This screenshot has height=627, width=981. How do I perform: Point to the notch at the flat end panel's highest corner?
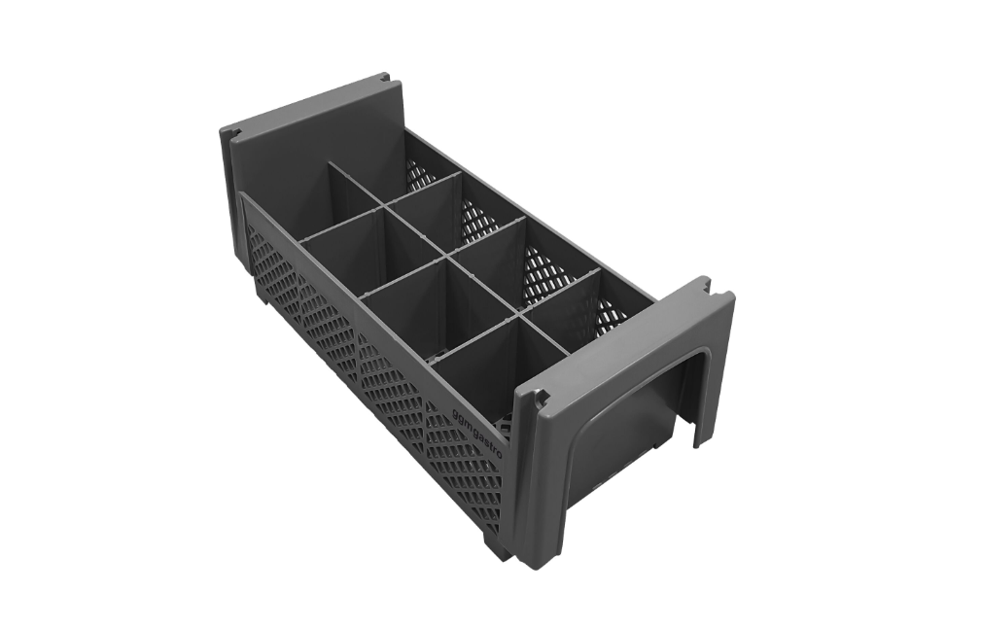tap(385, 77)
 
